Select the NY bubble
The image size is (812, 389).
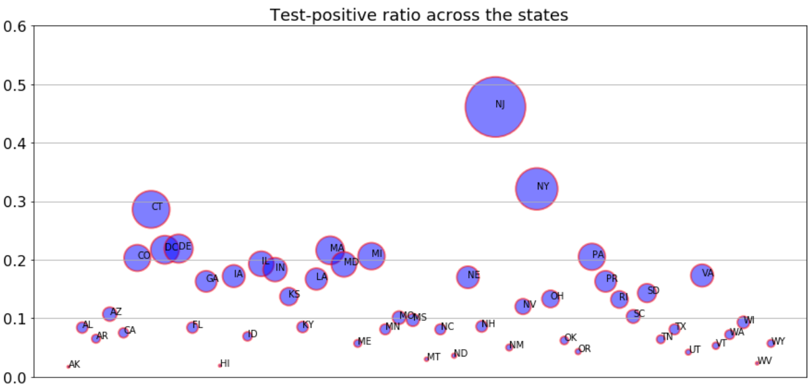(537, 189)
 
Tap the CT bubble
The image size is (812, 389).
(151, 209)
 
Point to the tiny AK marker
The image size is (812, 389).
(68, 367)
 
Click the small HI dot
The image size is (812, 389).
(220, 365)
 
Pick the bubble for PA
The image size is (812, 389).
(591, 256)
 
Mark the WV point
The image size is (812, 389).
(757, 363)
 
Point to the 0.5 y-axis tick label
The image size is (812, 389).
(16, 85)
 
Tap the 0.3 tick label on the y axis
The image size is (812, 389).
(16, 202)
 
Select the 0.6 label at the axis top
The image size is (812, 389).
(16, 26)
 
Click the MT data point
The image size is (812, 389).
(426, 359)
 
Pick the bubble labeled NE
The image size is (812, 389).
(468, 277)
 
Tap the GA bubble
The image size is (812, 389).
(206, 281)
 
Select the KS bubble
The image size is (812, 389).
(289, 296)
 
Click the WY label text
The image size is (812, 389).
(779, 342)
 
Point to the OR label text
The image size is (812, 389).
(585, 349)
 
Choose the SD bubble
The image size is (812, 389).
(647, 293)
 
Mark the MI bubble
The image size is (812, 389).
(371, 256)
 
